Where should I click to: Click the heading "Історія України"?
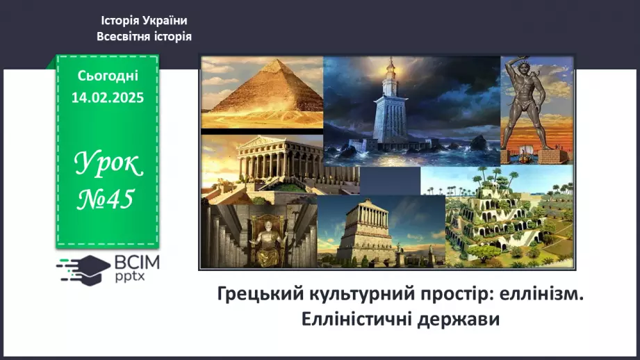pos(144,21)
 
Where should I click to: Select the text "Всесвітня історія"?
pos(144,36)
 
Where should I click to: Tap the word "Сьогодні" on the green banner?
pos(107,76)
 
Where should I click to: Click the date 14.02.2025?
pos(107,98)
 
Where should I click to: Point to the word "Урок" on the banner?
pos(108,165)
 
